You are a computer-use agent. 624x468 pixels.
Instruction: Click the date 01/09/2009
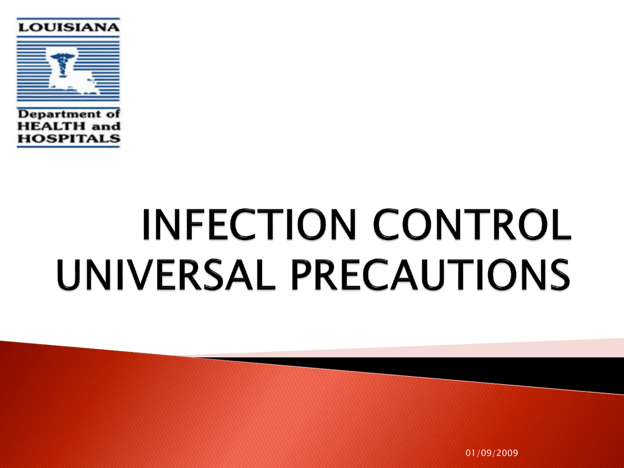click(492, 453)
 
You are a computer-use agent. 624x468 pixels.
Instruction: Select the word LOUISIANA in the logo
click(68, 27)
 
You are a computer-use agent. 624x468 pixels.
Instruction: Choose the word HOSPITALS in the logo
click(68, 138)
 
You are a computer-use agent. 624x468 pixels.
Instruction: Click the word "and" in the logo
click(106, 127)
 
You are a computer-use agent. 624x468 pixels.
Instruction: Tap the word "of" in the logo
click(113, 114)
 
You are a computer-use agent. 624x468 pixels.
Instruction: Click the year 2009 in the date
click(508, 453)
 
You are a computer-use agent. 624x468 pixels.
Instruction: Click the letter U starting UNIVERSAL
click(69, 275)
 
